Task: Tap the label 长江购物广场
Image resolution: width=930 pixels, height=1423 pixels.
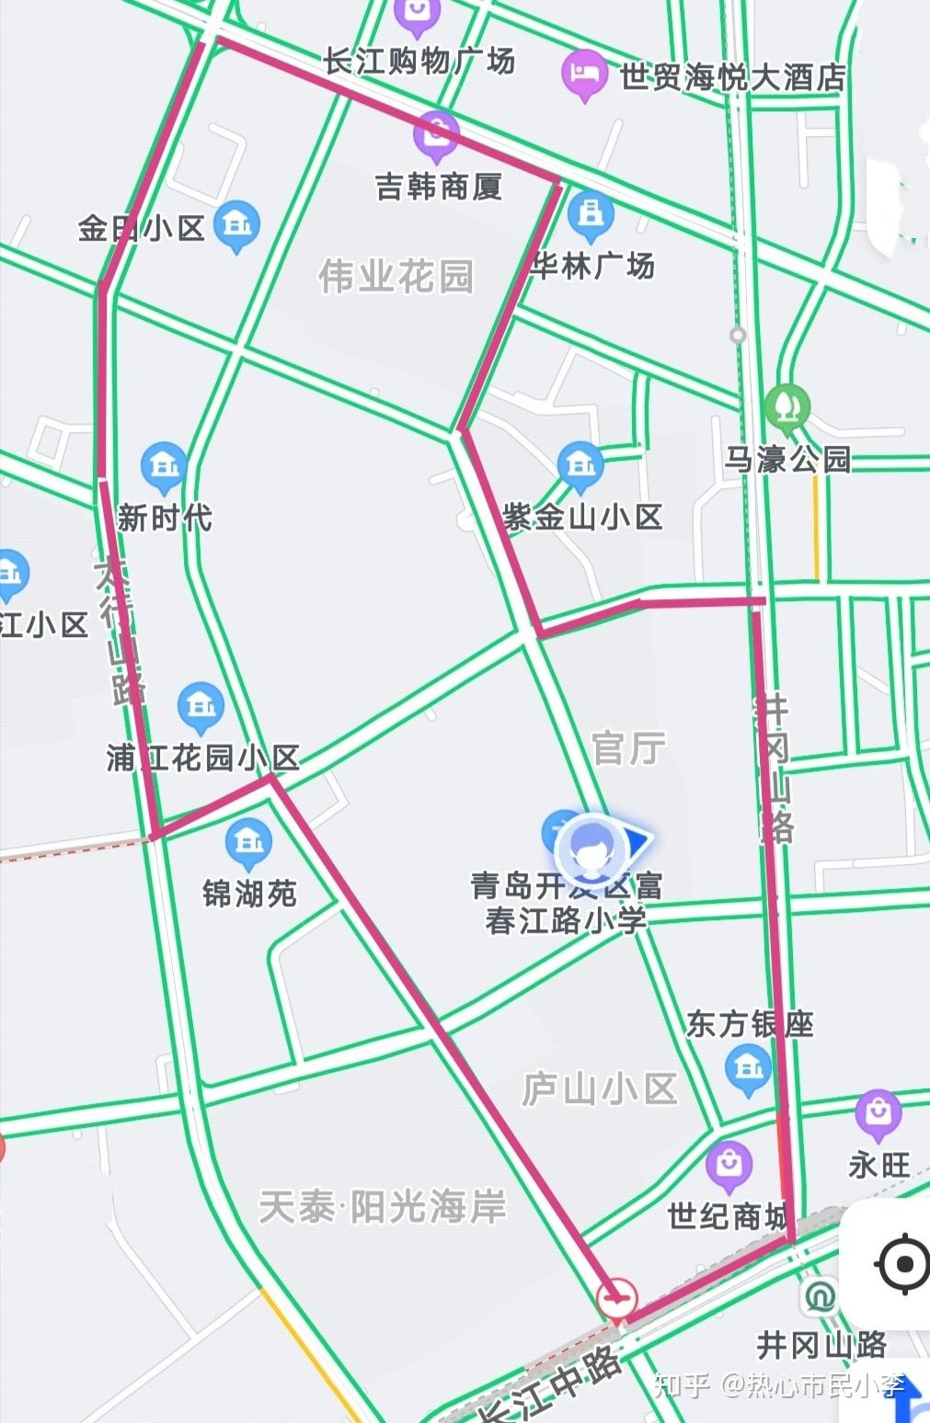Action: pyautogui.click(x=419, y=62)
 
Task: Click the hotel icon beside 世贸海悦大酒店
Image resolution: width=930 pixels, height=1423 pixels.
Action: pyautogui.click(x=584, y=74)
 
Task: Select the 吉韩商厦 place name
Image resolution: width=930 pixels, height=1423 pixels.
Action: pyautogui.click(x=439, y=188)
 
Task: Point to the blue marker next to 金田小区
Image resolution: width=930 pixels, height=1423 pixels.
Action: pyautogui.click(x=236, y=224)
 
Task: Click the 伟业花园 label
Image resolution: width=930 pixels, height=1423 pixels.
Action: pyautogui.click(x=396, y=276)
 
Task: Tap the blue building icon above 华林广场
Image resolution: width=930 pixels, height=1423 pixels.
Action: pyautogui.click(x=590, y=214)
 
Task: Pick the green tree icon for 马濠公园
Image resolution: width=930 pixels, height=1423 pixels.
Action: pyautogui.click(x=787, y=406)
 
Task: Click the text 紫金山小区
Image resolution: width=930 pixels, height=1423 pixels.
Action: pyautogui.click(x=582, y=518)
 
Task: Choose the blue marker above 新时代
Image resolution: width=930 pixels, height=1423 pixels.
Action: pyautogui.click(x=165, y=466)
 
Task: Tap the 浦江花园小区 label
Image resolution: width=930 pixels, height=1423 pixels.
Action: pyautogui.click(x=203, y=758)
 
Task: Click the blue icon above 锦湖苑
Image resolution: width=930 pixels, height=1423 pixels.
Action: pyautogui.click(x=248, y=842)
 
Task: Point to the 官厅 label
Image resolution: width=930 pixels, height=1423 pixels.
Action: pyautogui.click(x=628, y=748)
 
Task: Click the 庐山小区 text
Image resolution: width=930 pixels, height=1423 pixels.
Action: pyautogui.click(x=600, y=1089)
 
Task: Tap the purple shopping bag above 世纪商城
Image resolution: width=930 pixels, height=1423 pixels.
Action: pyautogui.click(x=729, y=1165)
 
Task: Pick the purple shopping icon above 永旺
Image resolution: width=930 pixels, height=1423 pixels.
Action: pyautogui.click(x=878, y=1113)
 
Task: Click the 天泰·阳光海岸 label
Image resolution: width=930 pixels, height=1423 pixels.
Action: pyautogui.click(x=383, y=1206)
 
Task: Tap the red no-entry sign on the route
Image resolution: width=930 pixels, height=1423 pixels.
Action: pyautogui.click(x=616, y=1298)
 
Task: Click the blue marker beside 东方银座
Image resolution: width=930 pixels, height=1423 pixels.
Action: pyautogui.click(x=748, y=1070)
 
